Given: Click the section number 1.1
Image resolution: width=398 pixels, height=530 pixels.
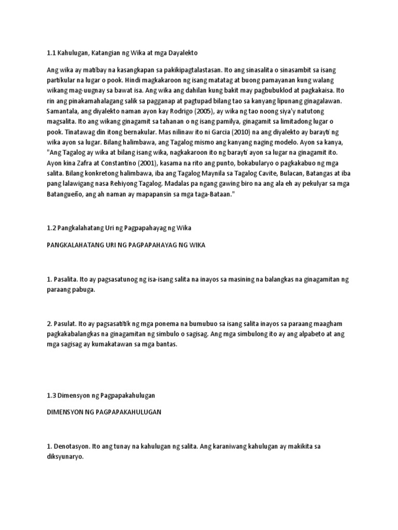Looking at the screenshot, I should (x=51, y=53).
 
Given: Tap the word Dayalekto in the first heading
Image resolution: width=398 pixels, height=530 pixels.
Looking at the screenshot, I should (x=182, y=53).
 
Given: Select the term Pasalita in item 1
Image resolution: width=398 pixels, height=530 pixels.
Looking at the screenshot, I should (x=65, y=279).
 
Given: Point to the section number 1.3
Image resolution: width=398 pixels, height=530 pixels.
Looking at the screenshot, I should (x=51, y=395).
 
